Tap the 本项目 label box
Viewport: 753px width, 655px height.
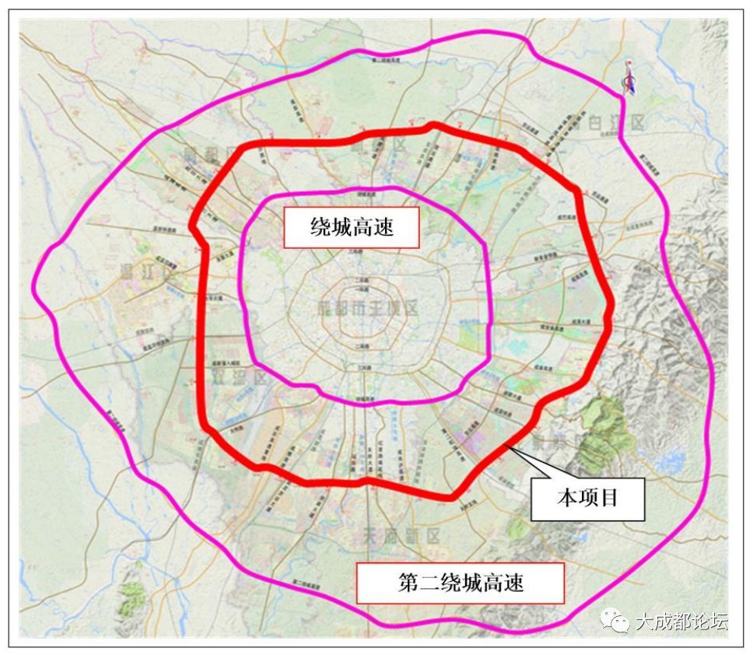point(587,498)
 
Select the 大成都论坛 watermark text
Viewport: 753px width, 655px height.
point(681,622)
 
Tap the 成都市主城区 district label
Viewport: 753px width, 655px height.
point(368,307)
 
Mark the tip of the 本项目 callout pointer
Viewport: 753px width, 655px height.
point(506,446)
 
